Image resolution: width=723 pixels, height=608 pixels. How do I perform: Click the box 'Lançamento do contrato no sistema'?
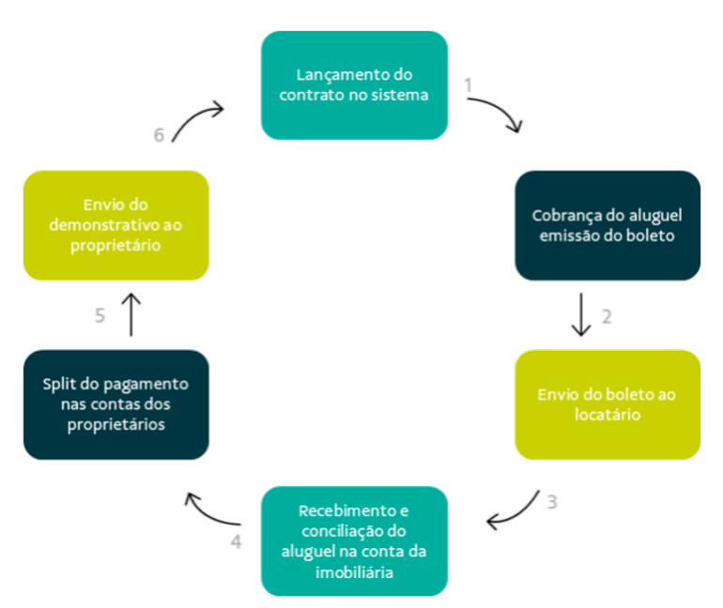[x=354, y=84]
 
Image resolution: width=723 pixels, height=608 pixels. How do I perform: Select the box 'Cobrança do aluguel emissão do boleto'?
[x=608, y=225]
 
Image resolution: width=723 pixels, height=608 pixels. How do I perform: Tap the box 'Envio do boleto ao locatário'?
[x=608, y=403]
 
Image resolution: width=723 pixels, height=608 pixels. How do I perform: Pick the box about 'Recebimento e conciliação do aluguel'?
[x=354, y=540]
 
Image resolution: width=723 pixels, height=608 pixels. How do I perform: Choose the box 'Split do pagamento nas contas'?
[x=115, y=404]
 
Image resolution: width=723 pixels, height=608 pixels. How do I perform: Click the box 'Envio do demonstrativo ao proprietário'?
[x=115, y=225]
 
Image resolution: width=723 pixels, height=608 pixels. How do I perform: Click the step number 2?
[x=606, y=317]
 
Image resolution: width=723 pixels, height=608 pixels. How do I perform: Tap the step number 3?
[x=552, y=503]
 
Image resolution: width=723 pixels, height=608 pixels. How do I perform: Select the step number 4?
[x=237, y=541]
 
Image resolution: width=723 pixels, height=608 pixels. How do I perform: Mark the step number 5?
[x=100, y=316]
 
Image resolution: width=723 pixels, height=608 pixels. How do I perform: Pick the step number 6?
[x=160, y=135]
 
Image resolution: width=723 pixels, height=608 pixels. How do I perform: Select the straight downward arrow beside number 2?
[x=581, y=315]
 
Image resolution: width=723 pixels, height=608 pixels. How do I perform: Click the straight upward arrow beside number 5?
[x=132, y=313]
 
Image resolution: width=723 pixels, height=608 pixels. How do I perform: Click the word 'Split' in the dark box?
[x=61, y=384]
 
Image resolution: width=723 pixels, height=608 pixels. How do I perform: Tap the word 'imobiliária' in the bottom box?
[x=354, y=570]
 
